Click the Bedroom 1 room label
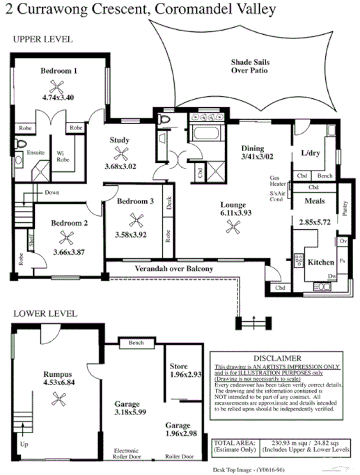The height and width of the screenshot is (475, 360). point(58,70)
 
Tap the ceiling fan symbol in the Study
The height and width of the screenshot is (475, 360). point(123,155)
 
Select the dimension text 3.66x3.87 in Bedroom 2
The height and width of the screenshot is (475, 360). point(69,251)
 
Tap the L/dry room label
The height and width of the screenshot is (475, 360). point(311,153)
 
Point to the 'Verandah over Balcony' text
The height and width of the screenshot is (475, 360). point(175,269)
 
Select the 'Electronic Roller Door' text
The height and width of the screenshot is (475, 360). point(131,455)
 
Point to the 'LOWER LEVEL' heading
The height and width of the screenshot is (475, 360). point(42,314)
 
